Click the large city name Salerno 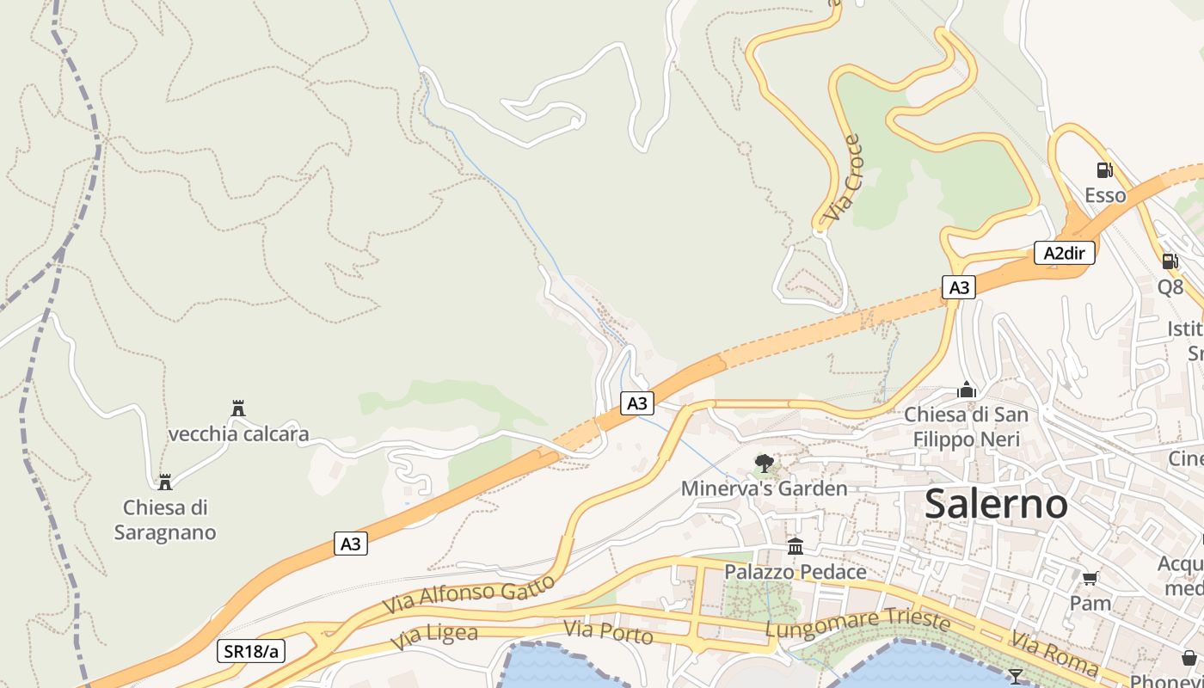tap(996, 505)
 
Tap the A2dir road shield tap(1064, 253)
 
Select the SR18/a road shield tap(250, 651)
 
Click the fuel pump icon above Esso tap(1104, 170)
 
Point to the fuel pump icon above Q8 tap(1170, 261)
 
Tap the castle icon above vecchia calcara tap(238, 408)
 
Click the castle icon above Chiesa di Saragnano tap(164, 482)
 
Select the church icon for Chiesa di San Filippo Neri tap(967, 390)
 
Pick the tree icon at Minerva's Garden tap(764, 464)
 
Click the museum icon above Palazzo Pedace tap(795, 547)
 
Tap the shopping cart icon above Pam tap(1090, 579)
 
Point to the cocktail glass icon tap(1016, 676)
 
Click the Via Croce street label tap(843, 177)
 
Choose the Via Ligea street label tap(433, 636)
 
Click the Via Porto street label tap(608, 633)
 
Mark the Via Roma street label tap(1053, 653)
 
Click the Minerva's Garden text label tap(764, 488)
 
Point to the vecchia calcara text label tap(238, 433)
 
